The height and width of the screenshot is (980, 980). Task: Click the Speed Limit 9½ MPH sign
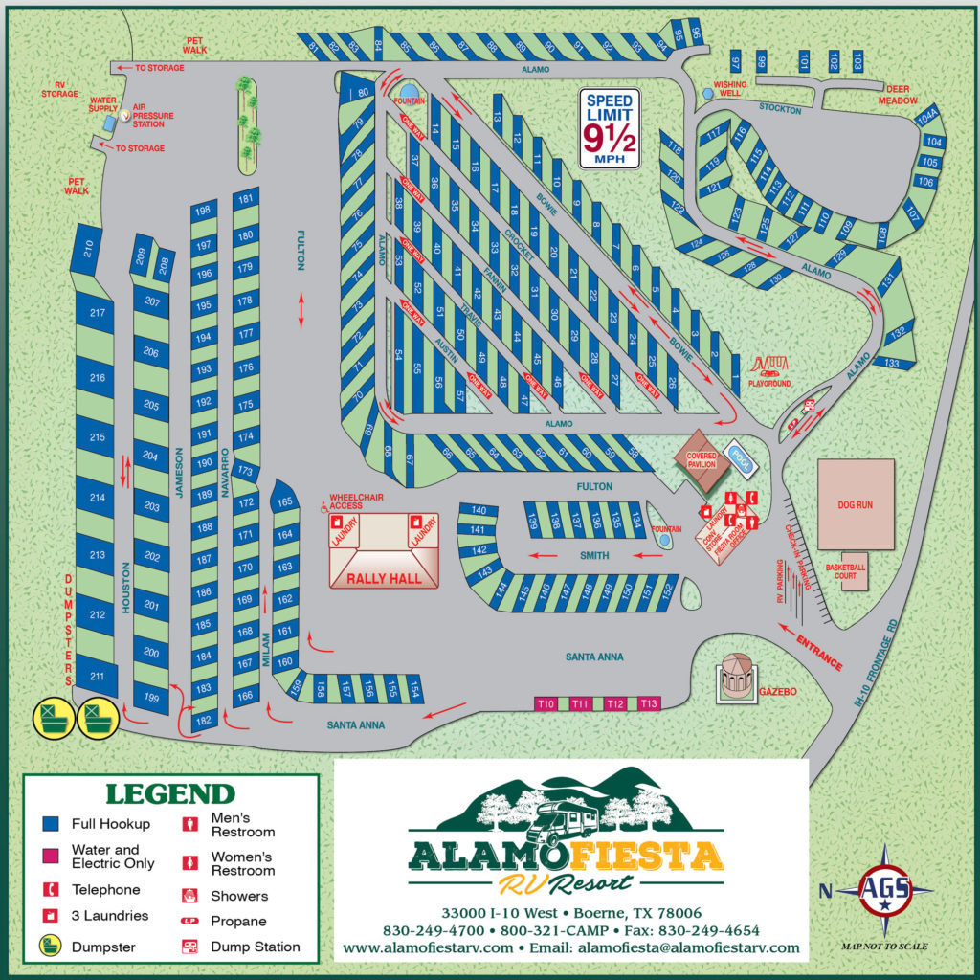(611, 128)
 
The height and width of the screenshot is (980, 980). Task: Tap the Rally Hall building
(383, 551)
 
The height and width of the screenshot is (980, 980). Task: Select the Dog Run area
(855, 503)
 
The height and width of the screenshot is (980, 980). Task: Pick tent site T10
(546, 704)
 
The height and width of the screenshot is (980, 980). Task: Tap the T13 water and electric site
(649, 704)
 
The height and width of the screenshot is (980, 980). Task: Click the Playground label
(770, 383)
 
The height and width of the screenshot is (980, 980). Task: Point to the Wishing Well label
(731, 88)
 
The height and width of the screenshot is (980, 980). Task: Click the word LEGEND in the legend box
(169, 793)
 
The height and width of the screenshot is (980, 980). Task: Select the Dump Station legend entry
(256, 947)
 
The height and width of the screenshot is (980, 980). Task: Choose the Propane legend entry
(238, 921)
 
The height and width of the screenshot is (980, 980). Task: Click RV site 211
(96, 677)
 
